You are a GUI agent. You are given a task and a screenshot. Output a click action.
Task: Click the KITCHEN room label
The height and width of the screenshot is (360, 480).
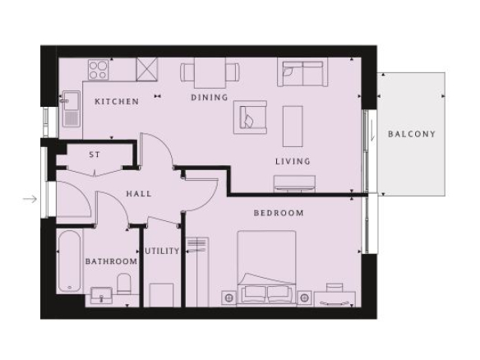(x=117, y=101)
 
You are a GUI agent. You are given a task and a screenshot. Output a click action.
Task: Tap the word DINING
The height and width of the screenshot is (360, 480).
(x=210, y=97)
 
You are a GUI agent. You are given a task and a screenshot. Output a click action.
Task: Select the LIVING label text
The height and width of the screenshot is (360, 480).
(x=293, y=161)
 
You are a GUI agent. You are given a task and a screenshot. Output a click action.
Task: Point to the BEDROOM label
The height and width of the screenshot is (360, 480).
(x=279, y=213)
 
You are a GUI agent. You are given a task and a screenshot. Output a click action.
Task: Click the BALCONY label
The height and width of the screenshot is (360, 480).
(x=412, y=134)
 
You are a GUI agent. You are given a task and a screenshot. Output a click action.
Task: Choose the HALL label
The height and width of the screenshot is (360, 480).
(x=139, y=193)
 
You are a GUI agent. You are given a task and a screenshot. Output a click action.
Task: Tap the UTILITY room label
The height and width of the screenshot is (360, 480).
(x=162, y=251)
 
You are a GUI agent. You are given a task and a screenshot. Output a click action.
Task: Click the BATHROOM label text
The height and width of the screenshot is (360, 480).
(x=111, y=261)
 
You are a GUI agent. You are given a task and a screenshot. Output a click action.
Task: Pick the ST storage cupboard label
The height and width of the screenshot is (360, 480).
(x=95, y=155)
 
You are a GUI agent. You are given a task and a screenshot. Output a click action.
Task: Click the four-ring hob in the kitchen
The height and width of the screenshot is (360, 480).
(x=99, y=70)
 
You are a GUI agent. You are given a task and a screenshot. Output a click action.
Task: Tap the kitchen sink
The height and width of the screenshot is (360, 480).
(x=72, y=108)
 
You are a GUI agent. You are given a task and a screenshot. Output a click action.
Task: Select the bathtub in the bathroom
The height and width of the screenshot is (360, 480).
(x=70, y=261)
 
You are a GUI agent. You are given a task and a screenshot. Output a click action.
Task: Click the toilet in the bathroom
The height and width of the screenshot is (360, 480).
(x=124, y=284)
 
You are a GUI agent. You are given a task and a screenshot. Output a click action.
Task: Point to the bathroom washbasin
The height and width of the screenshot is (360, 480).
(x=102, y=294)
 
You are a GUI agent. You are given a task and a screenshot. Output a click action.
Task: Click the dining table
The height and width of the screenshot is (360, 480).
(x=210, y=72)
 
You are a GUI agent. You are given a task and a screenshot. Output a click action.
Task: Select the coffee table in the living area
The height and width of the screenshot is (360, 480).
(x=293, y=127)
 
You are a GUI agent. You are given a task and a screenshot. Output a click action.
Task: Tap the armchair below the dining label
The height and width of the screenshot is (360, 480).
(x=250, y=118)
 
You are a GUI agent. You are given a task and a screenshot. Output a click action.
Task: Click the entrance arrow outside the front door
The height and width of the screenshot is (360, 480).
(x=30, y=199)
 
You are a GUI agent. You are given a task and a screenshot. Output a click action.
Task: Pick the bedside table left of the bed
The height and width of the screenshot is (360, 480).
(x=228, y=298)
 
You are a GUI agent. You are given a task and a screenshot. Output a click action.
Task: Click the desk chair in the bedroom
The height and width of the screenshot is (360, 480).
(x=335, y=288)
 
